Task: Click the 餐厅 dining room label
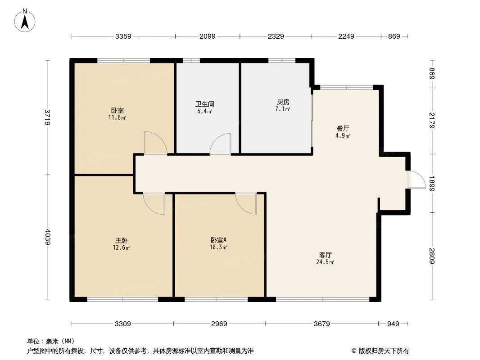[x=343, y=128]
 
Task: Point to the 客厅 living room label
[x=326, y=255]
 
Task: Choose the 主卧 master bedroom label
[x=122, y=240]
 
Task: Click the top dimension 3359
[x=123, y=36]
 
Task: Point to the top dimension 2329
[x=276, y=36]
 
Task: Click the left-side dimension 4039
[x=48, y=237]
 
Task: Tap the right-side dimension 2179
[x=432, y=120]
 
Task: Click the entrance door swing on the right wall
[x=416, y=180]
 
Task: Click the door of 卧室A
[x=246, y=203]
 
